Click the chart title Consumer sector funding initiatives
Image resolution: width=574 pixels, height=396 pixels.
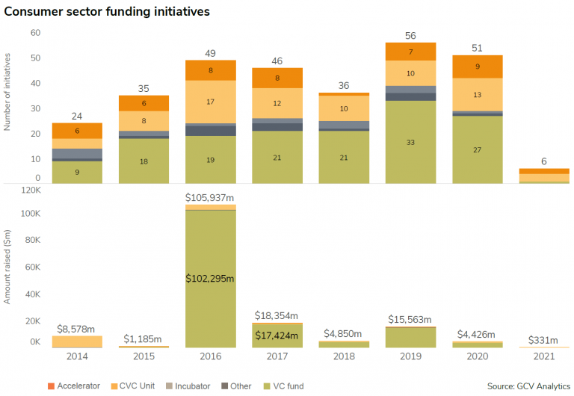[106, 12]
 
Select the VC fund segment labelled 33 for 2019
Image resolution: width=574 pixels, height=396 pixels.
[410, 142]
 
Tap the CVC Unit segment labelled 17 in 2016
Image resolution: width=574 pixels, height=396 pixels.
[210, 102]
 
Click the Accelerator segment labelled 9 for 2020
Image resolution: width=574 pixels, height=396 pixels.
[477, 66]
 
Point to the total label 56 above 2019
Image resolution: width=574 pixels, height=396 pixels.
[410, 36]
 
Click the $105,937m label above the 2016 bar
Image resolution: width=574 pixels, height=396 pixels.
[210, 197]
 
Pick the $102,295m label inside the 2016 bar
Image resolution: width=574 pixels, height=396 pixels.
[210, 278]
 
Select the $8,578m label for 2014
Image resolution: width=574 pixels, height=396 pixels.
[77, 328]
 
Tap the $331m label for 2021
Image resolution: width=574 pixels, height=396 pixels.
[543, 338]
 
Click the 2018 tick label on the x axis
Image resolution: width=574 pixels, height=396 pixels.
[344, 357]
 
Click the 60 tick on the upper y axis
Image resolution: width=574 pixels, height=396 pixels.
[34, 33]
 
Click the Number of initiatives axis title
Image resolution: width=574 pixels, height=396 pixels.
[7, 91]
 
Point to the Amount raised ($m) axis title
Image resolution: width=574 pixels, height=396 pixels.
[7, 268]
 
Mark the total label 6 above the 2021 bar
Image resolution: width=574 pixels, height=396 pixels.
[543, 161]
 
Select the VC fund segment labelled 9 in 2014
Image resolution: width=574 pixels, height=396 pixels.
[77, 172]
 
